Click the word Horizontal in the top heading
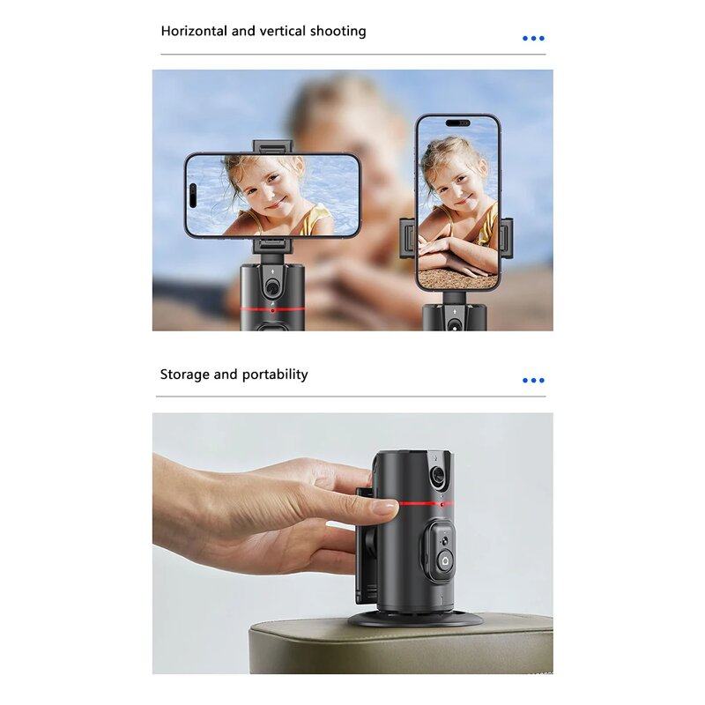point(194,31)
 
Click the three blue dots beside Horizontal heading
point(533,39)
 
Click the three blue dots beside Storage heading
point(533,381)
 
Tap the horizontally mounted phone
point(272,195)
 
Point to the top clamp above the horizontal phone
point(272,146)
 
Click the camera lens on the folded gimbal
point(438,476)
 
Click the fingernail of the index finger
point(385,508)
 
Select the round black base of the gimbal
point(414,620)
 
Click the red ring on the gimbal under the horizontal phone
point(272,309)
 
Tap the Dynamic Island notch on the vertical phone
point(458,123)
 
